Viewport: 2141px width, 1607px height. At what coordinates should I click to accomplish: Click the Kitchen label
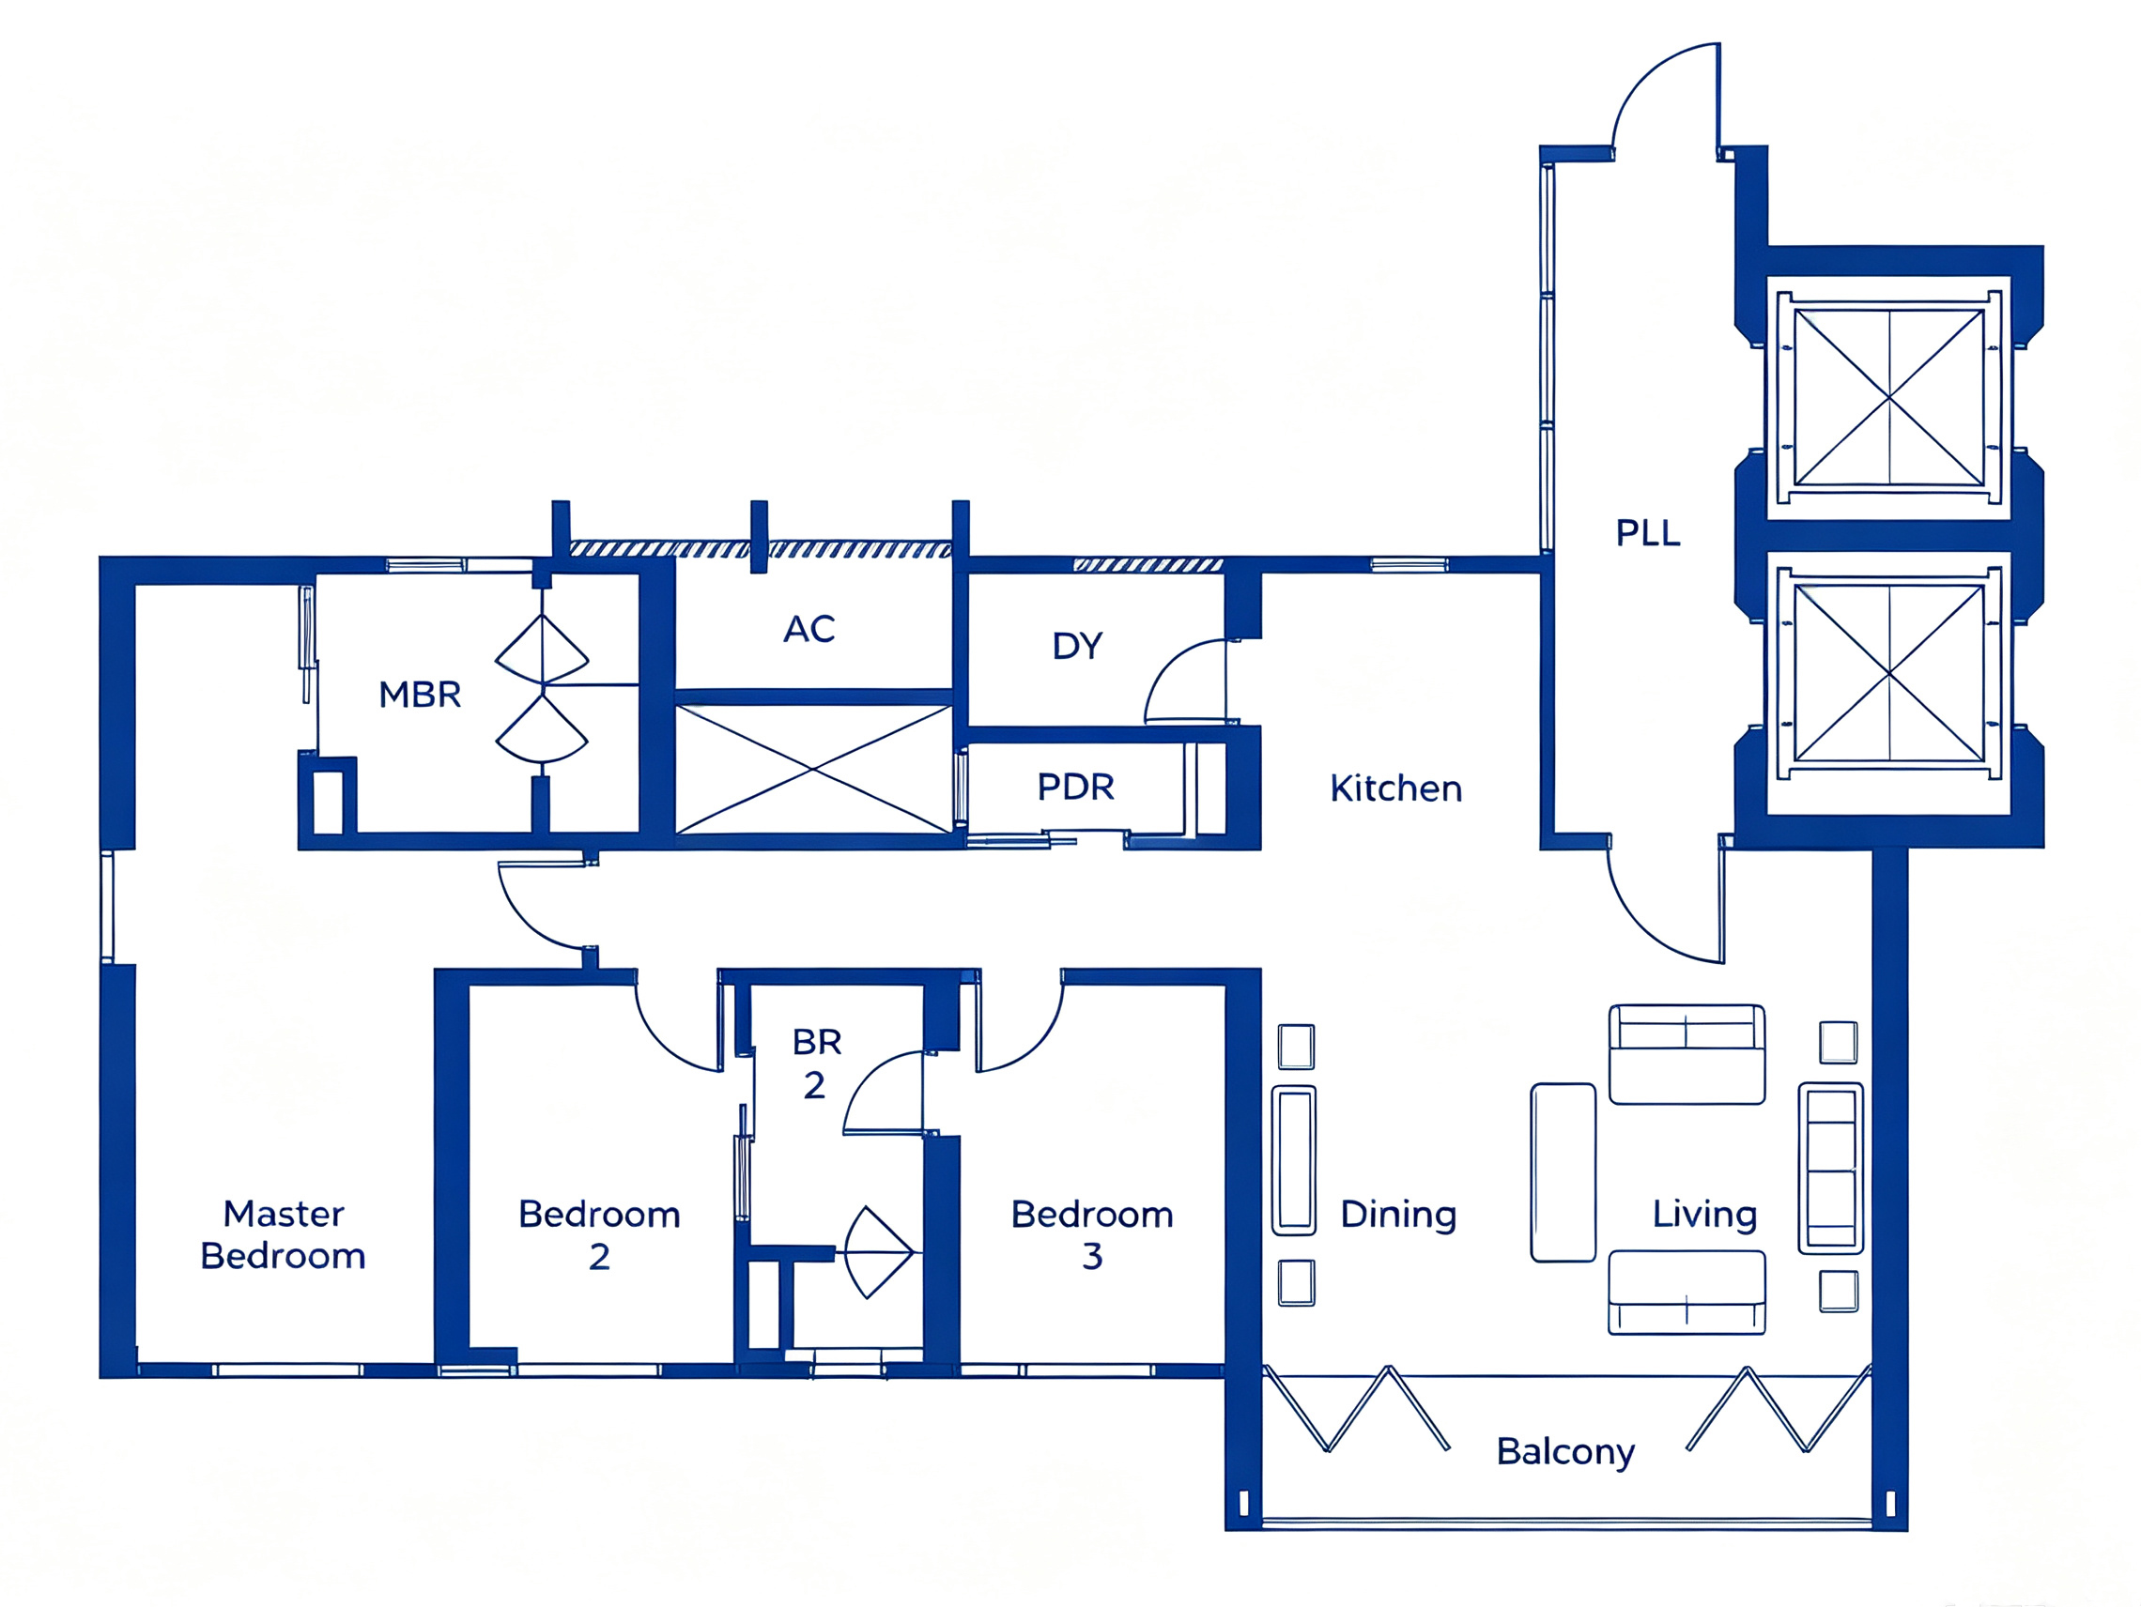[1395, 788]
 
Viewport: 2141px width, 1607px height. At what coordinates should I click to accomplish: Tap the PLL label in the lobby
[1647, 532]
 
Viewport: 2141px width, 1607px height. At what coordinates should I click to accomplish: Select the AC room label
[809, 629]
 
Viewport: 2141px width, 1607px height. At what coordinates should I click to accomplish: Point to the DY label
[1077, 645]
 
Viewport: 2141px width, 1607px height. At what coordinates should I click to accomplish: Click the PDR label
[1075, 787]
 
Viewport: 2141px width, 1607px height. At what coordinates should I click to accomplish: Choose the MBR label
[419, 694]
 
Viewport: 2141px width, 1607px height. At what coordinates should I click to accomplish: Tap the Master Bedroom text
[283, 1234]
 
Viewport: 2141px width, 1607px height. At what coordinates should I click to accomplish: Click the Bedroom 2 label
[599, 1234]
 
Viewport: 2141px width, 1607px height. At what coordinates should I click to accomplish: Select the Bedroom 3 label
[1092, 1234]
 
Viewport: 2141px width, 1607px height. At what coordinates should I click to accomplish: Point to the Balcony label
[1565, 1451]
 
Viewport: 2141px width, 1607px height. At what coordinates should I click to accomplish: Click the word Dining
[1398, 1215]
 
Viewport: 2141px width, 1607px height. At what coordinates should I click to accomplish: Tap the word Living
[1704, 1215]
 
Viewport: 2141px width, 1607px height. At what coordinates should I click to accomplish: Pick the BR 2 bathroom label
[816, 1063]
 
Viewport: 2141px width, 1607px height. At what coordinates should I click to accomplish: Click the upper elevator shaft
[1889, 397]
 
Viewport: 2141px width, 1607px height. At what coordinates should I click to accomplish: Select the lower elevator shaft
[1889, 672]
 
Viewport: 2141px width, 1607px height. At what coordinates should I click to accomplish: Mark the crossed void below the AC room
[813, 769]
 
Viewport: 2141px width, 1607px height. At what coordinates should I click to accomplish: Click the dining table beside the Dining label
[1293, 1160]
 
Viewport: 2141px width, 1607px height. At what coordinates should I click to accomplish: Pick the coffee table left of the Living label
[1563, 1172]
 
